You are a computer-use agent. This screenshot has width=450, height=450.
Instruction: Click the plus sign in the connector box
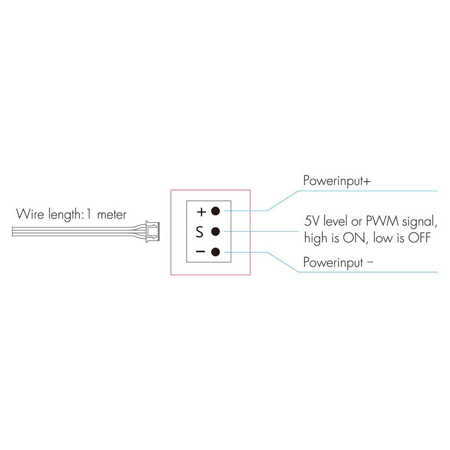tap(201, 212)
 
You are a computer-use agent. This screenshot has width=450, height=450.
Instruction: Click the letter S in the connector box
tap(199, 232)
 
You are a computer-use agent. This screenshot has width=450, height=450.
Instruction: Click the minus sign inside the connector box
tap(201, 251)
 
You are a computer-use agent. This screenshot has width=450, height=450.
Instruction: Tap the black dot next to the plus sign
tap(215, 211)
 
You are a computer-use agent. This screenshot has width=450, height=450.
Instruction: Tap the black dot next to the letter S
tap(215, 231)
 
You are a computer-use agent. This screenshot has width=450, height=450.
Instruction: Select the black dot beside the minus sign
tap(215, 251)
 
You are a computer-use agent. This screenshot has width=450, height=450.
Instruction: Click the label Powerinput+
tap(336, 182)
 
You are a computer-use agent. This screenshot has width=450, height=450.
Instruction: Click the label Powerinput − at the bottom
tap(338, 262)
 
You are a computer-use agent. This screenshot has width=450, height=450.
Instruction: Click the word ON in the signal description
tap(352, 238)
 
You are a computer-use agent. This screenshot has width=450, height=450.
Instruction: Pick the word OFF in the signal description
tap(419, 238)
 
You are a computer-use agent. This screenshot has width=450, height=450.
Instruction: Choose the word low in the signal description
tap(376, 238)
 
